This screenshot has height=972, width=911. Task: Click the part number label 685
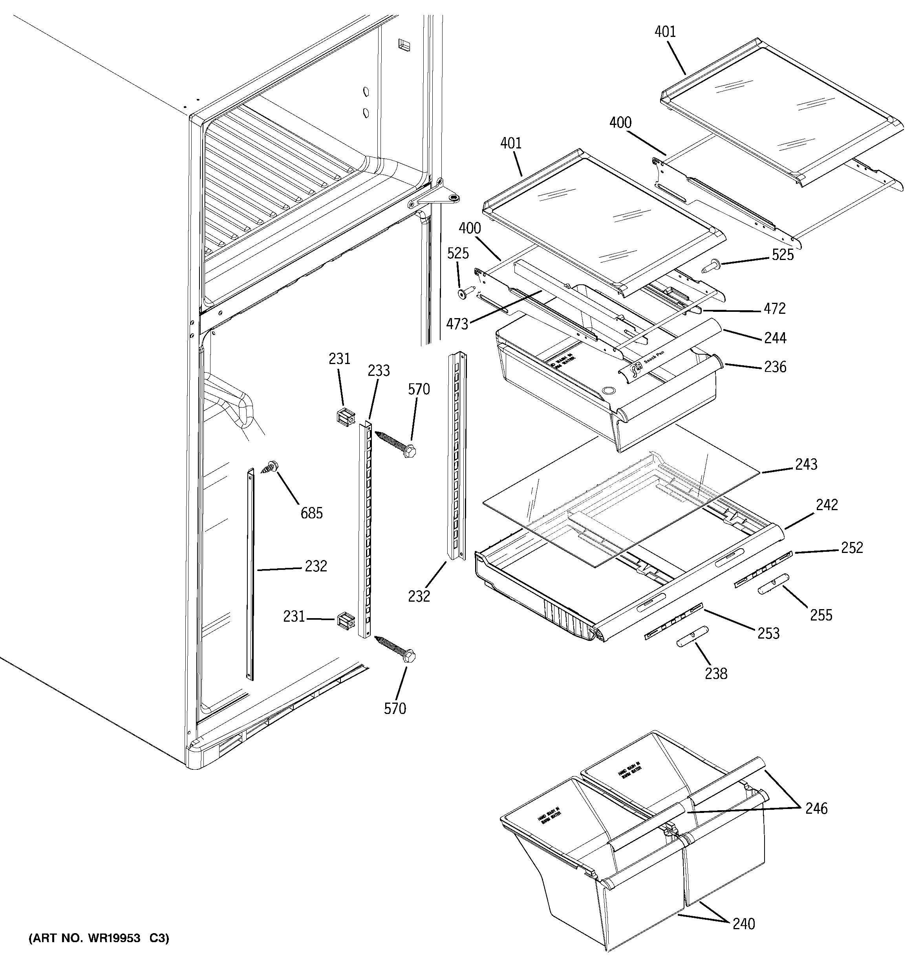(311, 513)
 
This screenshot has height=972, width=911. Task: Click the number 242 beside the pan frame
(827, 505)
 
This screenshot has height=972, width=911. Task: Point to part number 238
(716, 674)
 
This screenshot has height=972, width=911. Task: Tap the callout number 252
(852, 547)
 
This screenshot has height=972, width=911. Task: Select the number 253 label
(768, 633)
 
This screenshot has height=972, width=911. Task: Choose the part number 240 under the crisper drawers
(744, 924)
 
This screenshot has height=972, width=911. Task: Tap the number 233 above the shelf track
(379, 371)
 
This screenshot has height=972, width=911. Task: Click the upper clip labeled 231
(346, 417)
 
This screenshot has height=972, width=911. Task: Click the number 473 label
(457, 324)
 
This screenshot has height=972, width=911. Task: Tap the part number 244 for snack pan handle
(775, 337)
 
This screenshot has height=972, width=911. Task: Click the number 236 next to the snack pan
(775, 367)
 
